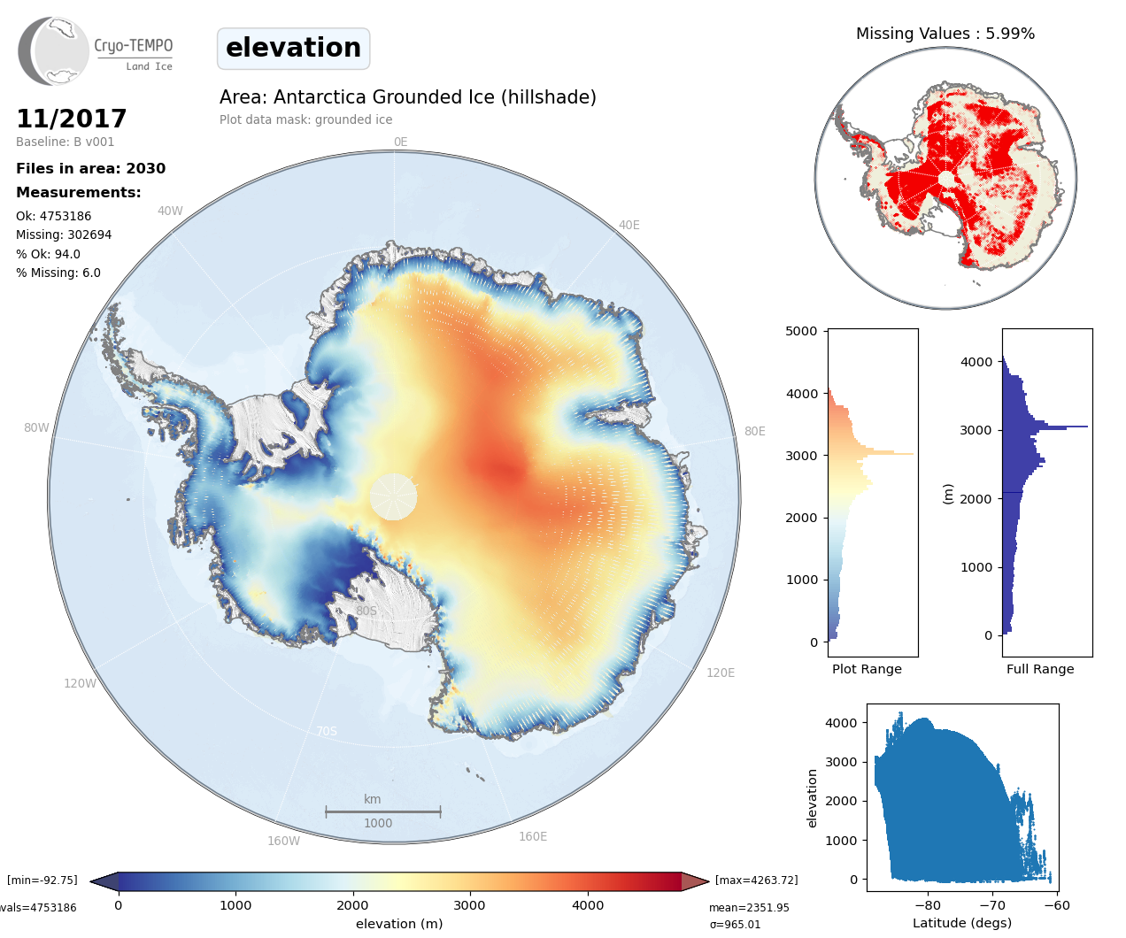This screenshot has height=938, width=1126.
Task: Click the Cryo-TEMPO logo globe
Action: pos(54,51)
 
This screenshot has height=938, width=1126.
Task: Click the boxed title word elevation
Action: pos(293,48)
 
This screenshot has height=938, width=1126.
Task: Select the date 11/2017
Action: pos(72,119)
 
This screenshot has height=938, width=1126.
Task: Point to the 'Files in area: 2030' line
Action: pos(90,168)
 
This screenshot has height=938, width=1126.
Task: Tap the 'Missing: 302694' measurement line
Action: pos(64,234)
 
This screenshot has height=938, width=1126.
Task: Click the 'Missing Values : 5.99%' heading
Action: pos(945,34)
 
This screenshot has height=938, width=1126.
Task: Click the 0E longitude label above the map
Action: pos(400,142)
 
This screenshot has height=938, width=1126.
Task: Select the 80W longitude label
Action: pos(36,427)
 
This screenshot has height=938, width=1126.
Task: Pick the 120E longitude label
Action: pos(720,673)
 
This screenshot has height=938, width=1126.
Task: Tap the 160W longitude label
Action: pos(283,841)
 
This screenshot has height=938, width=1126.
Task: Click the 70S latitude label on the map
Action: pos(327,731)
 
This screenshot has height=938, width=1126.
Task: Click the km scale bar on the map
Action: pos(382,811)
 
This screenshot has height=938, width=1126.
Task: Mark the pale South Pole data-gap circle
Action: pos(393,496)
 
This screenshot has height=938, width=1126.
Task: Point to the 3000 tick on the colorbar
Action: pos(469,905)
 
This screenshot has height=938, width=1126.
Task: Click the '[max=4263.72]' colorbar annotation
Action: pos(756,880)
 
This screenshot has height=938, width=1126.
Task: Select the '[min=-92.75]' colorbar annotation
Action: pos(42,880)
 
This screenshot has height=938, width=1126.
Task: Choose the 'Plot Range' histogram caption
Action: pos(867,669)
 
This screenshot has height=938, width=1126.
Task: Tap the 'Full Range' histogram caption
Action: pos(1040,669)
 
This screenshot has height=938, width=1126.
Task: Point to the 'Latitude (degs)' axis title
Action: pos(961,923)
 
